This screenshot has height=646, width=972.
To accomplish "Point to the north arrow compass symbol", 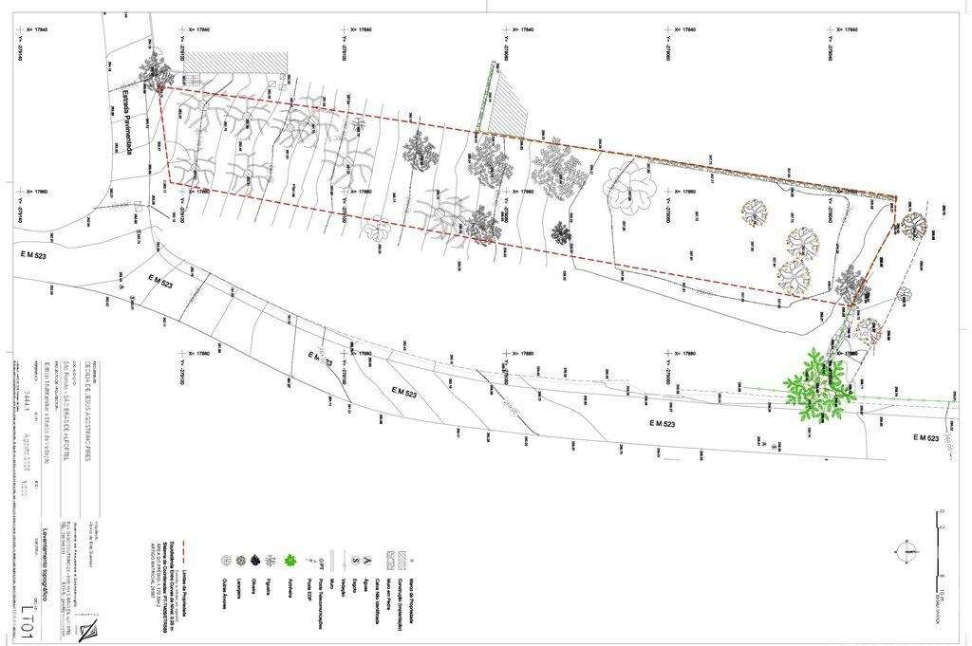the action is (908, 549).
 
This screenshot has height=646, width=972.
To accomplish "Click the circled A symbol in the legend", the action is (367, 561).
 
